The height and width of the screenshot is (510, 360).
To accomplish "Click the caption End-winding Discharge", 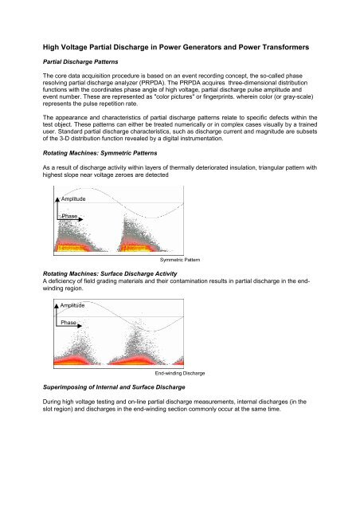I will (x=179, y=372).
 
